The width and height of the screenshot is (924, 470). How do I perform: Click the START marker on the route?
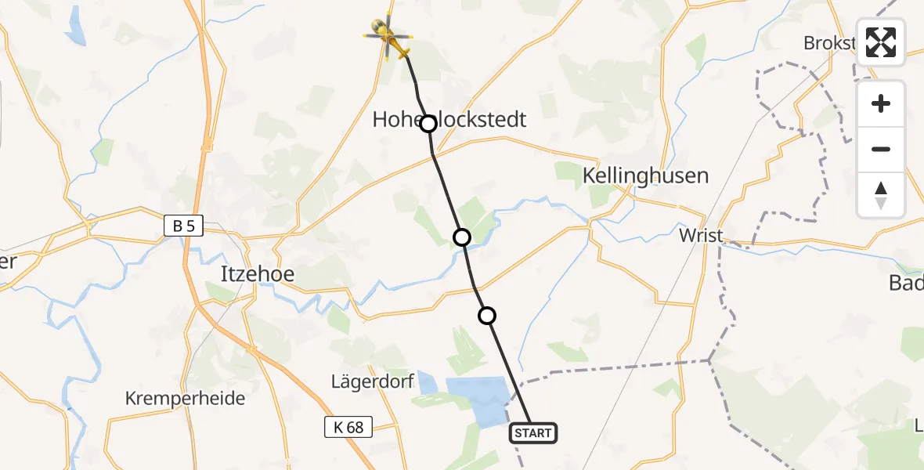(x=533, y=432)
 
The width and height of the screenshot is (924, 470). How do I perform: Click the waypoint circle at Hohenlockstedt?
(x=428, y=124)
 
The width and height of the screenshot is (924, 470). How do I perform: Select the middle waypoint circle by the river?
(x=462, y=237)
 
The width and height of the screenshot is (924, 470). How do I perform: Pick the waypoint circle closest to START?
(x=487, y=316)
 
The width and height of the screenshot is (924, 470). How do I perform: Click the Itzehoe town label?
(x=257, y=274)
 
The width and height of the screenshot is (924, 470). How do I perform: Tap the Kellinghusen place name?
(x=645, y=175)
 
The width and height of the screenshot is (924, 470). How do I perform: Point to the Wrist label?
(x=701, y=235)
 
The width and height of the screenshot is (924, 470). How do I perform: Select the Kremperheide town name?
(x=185, y=398)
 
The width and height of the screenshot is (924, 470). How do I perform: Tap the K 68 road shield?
(x=348, y=427)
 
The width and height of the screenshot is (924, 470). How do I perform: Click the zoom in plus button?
(x=881, y=103)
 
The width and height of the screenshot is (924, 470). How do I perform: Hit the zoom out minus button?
(x=881, y=149)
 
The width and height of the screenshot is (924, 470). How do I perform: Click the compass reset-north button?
(x=881, y=194)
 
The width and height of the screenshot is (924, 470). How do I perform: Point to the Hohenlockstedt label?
(x=449, y=119)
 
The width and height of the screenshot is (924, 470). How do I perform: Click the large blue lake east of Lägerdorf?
(x=479, y=396)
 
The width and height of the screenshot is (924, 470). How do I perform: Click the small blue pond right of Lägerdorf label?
(x=428, y=383)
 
